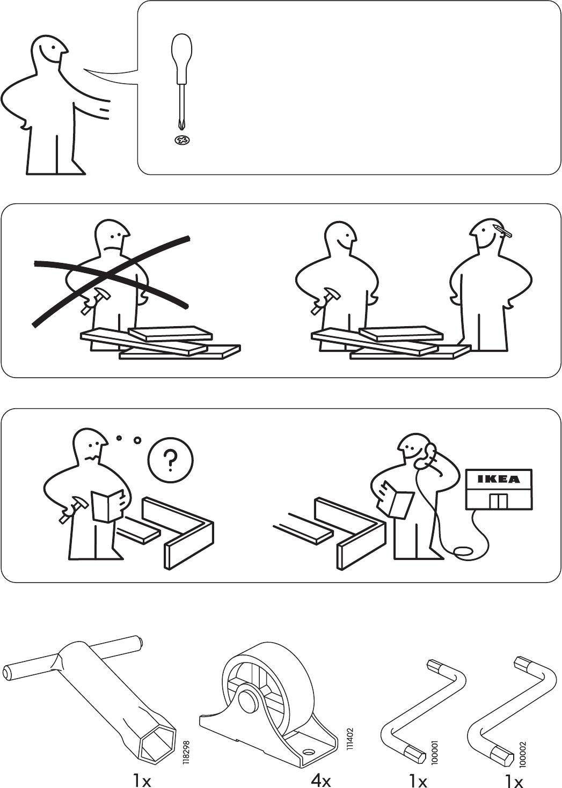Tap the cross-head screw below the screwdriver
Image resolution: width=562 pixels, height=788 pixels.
tap(183, 141)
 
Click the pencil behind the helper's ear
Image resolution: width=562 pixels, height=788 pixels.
tap(502, 230)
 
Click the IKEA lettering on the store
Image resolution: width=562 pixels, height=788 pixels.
tap(498, 480)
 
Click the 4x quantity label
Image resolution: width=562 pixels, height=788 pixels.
tap(320, 779)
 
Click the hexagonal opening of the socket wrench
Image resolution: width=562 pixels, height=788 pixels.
tap(157, 742)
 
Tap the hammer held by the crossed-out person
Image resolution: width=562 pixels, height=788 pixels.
tap(94, 298)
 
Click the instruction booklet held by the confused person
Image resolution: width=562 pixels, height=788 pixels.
tap(107, 506)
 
